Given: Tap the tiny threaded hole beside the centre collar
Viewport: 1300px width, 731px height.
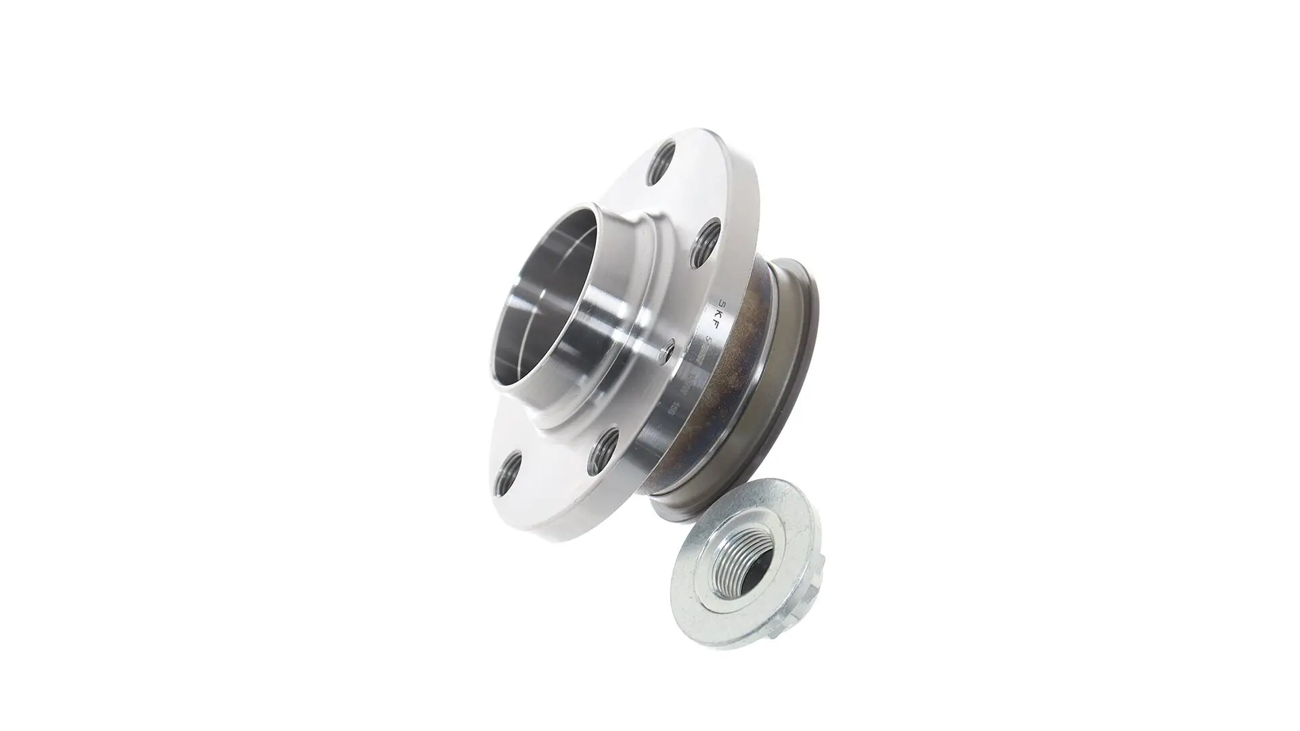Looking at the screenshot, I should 667,351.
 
